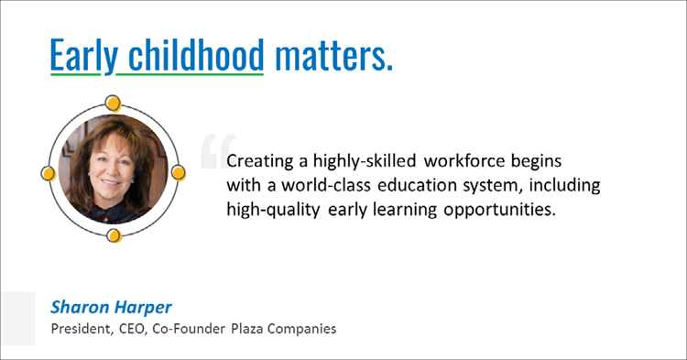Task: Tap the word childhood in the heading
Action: tap(191, 57)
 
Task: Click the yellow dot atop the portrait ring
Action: tap(114, 102)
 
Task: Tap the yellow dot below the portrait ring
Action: tap(114, 236)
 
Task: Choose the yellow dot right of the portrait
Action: tap(179, 172)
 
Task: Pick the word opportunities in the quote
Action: tap(490, 210)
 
